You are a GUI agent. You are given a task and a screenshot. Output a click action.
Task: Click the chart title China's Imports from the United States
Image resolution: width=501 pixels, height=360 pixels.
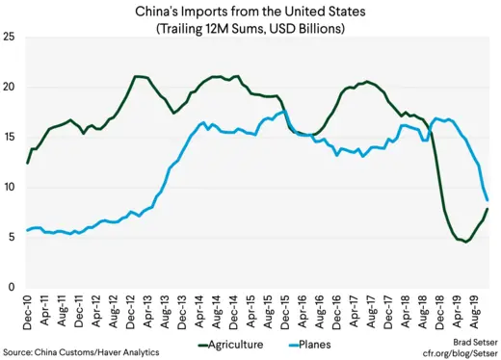click(x=250, y=11)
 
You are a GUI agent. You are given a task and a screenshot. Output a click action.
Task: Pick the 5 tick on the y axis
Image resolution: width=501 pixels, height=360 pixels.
click(x=11, y=237)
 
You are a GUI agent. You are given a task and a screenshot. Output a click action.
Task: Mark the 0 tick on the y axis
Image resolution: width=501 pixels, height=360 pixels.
click(x=11, y=287)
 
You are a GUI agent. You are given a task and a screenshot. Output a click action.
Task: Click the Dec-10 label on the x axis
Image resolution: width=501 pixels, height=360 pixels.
click(x=27, y=311)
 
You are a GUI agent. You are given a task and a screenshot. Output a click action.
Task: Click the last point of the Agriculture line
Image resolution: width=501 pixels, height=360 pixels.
click(x=488, y=209)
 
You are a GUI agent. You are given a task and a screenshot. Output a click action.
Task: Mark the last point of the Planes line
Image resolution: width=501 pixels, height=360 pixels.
click(x=488, y=199)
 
